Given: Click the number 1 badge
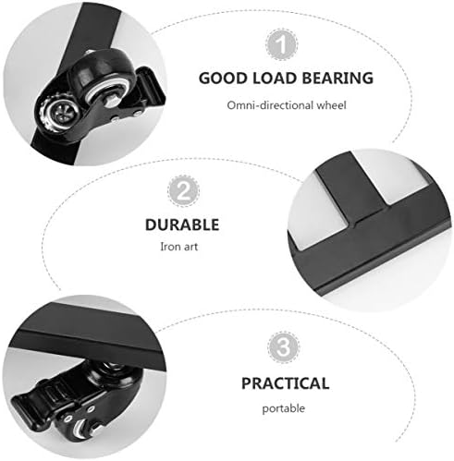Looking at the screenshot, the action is tap(282, 44).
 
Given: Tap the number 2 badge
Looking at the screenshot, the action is tap(183, 191).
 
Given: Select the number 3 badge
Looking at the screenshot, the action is tap(283, 347).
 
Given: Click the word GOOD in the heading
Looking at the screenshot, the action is tap(223, 79).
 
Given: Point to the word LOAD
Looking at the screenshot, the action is tap(275, 79).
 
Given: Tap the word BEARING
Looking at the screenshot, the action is tap(337, 79).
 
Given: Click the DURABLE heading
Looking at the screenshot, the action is tap(182, 224).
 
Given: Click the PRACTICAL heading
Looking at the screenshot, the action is tap(286, 383).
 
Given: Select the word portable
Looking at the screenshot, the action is tap(284, 409).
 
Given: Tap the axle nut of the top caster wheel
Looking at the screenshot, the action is tap(111, 101).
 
